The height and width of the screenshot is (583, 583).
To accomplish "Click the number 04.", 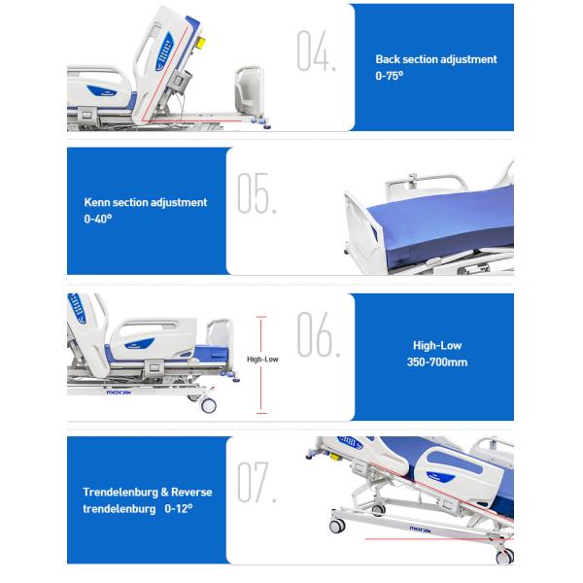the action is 317,51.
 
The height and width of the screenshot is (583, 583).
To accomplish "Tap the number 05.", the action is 257,193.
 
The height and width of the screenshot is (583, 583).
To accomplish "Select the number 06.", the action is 319,334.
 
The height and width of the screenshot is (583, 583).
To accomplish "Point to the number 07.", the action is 257,482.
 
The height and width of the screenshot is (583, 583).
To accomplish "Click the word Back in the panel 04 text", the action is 388,59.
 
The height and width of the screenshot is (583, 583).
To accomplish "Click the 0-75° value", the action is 390,76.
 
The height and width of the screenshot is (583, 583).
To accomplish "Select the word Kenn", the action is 97,202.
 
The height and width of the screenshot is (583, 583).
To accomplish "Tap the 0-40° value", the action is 98,219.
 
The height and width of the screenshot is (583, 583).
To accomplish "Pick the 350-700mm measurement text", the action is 437,362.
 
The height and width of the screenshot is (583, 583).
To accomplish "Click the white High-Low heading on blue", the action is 437,346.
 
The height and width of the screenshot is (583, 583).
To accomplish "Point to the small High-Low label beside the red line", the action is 262,360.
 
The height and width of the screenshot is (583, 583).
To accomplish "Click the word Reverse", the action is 191,493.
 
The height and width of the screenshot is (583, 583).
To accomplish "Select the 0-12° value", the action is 179,508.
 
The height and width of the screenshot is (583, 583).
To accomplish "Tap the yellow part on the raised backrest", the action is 201,43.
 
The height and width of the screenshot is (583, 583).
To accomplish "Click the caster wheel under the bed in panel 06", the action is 208,405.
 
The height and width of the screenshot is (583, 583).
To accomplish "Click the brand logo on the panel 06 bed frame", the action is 119,393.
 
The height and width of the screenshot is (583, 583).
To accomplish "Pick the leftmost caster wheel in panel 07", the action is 337,526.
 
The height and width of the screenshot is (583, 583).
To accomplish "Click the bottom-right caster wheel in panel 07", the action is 505,557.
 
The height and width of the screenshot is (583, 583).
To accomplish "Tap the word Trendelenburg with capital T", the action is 120,493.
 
